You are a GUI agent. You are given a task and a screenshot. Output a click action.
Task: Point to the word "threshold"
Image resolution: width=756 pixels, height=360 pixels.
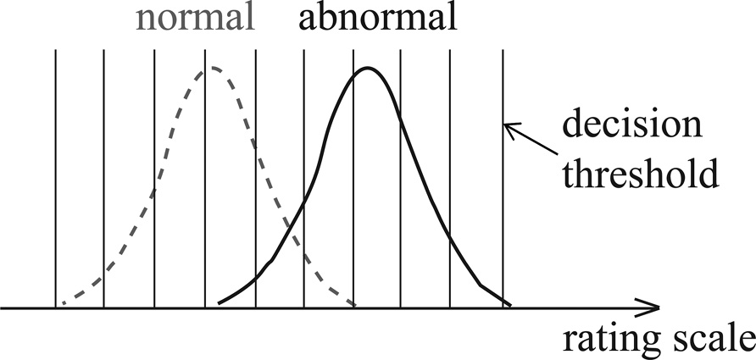pyautogui.click(x=642, y=175)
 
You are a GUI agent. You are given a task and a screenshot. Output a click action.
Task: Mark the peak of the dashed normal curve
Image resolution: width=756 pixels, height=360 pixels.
pyautogui.click(x=214, y=67)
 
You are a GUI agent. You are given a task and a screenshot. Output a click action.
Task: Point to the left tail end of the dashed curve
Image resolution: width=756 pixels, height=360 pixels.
pyautogui.click(x=61, y=305)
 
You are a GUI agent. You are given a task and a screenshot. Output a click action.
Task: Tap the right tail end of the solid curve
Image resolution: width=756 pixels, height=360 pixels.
pyautogui.click(x=509, y=304)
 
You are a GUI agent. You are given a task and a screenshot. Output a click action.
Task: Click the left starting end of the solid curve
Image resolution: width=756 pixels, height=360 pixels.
pyautogui.click(x=220, y=302)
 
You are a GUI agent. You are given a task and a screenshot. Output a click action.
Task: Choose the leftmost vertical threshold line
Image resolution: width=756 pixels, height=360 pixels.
pyautogui.click(x=56, y=169)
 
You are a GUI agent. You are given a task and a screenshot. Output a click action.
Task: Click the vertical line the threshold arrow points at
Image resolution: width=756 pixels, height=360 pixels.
pyautogui.click(x=503, y=169)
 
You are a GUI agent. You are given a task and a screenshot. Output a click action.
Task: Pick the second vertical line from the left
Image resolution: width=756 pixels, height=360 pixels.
pyautogui.click(x=103, y=169)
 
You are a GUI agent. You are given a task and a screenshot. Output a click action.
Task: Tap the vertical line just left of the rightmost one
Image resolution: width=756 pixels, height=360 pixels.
pyautogui.click(x=449, y=169)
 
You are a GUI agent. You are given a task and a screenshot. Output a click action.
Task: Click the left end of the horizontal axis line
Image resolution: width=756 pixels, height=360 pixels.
pyautogui.click(x=3, y=307)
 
